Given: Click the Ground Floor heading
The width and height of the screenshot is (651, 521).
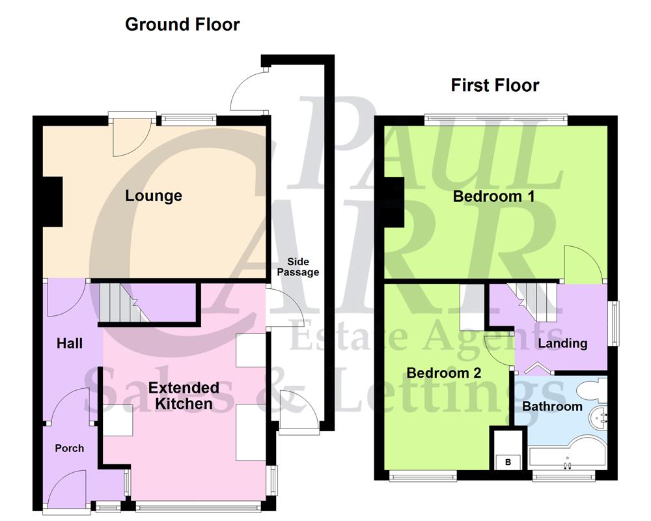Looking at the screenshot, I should (182, 25).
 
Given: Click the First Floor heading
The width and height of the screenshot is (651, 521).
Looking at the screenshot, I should (495, 85).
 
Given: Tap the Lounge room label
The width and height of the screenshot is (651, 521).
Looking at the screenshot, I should (154, 196).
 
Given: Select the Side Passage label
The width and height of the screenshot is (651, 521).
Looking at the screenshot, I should (298, 266).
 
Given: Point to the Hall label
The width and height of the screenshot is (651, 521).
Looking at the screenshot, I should (69, 343).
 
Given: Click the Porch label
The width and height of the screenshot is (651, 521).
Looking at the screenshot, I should (69, 448).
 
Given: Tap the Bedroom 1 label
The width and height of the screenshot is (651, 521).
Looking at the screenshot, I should (494, 196).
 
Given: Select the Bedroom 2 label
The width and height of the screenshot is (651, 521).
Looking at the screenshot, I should (444, 373).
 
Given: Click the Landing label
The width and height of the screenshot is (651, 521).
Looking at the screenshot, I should (562, 343).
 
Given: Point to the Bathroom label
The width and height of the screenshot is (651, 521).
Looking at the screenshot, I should (552, 406).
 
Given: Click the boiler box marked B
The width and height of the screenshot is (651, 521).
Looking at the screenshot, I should (507, 462).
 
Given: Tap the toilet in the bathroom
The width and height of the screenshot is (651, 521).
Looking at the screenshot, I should (593, 391).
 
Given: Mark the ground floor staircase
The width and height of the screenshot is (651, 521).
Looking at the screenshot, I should (124, 304).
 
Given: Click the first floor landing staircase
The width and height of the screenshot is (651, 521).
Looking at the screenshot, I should (535, 302).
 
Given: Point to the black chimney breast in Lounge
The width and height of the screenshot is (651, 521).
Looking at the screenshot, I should (52, 201).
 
